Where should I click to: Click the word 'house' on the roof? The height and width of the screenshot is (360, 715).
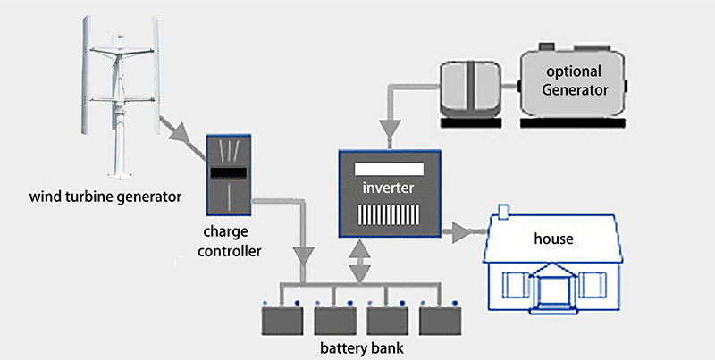coord(554,239)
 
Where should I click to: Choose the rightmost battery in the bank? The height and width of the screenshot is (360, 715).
coord(441,317)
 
